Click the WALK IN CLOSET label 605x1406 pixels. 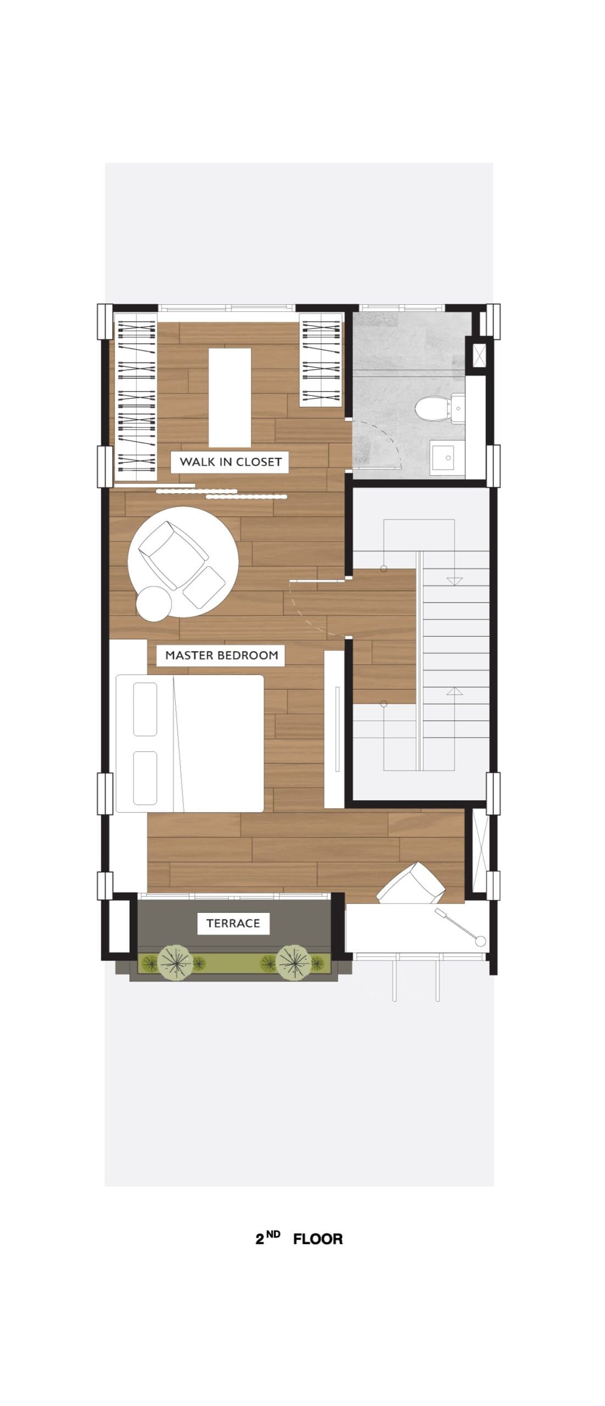pos(230,462)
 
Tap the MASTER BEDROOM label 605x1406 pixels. pos(221,655)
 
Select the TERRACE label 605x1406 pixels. pos(233,923)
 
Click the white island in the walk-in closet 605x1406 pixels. pos(230,398)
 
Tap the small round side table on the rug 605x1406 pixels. pos(154,602)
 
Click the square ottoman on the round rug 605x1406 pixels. pos(204,587)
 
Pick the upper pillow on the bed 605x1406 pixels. pos(145,709)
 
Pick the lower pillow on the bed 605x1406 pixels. pos(145,778)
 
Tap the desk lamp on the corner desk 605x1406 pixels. pos(462,928)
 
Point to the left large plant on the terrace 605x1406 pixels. pos(175,962)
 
